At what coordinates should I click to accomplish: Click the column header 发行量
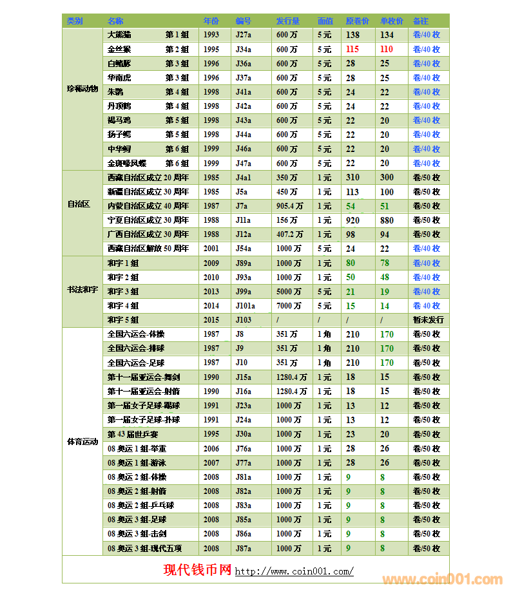pos(288,21)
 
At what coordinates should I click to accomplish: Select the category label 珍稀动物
pos(82,89)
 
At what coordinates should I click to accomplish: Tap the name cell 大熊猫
pos(119,35)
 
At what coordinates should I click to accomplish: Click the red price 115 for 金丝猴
pos(352,49)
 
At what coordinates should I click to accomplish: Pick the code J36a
pos(244,64)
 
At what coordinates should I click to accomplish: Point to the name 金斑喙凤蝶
pos(127,164)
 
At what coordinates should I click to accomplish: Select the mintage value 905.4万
pos(290,206)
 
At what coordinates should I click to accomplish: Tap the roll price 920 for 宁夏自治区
pos(352,220)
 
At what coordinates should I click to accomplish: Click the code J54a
pos(244,249)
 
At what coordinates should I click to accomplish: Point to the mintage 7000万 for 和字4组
pos(289,306)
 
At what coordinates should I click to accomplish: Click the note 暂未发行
pos(428,320)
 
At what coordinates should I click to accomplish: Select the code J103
pos(244,320)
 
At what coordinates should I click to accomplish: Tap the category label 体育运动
pos(82,442)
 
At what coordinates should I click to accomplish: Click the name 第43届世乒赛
pos(133,434)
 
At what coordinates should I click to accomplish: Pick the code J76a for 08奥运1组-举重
pos(244,449)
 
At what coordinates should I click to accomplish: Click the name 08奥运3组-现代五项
pos(144,549)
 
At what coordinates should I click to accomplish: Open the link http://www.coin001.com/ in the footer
pos(294,571)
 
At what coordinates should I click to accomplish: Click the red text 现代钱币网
pos(197,570)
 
